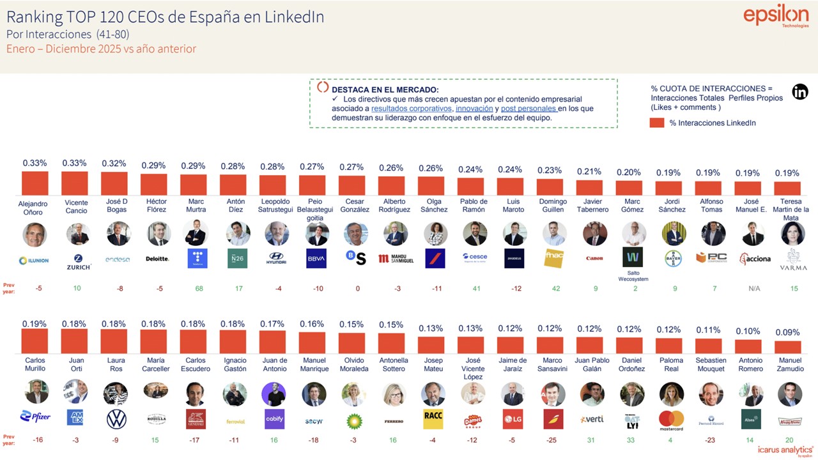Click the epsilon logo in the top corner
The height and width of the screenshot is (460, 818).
pos(776,17)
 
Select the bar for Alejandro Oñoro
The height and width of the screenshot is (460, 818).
pos(35,183)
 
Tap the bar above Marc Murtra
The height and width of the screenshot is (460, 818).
pos(193,184)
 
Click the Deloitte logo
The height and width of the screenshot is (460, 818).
pos(157,259)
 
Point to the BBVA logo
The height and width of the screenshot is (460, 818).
pos(316,258)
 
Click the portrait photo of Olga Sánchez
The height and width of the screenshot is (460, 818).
pos(435,234)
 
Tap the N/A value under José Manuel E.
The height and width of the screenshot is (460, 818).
pos(754,289)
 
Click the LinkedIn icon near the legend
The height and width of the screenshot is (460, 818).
pos(800,91)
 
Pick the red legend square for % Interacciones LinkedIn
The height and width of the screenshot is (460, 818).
pos(657,123)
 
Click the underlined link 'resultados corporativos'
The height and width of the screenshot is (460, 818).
pos(411,109)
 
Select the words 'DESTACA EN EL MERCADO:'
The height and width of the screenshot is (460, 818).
pos(385,89)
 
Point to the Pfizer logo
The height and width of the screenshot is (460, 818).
pos(35,417)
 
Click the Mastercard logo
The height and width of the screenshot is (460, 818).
pos(671,420)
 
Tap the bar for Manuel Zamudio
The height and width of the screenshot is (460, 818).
pos(787,347)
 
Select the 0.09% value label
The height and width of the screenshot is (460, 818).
pos(787,333)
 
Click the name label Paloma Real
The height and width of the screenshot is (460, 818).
pos(671,364)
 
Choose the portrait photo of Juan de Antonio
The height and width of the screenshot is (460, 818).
pos(274,394)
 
